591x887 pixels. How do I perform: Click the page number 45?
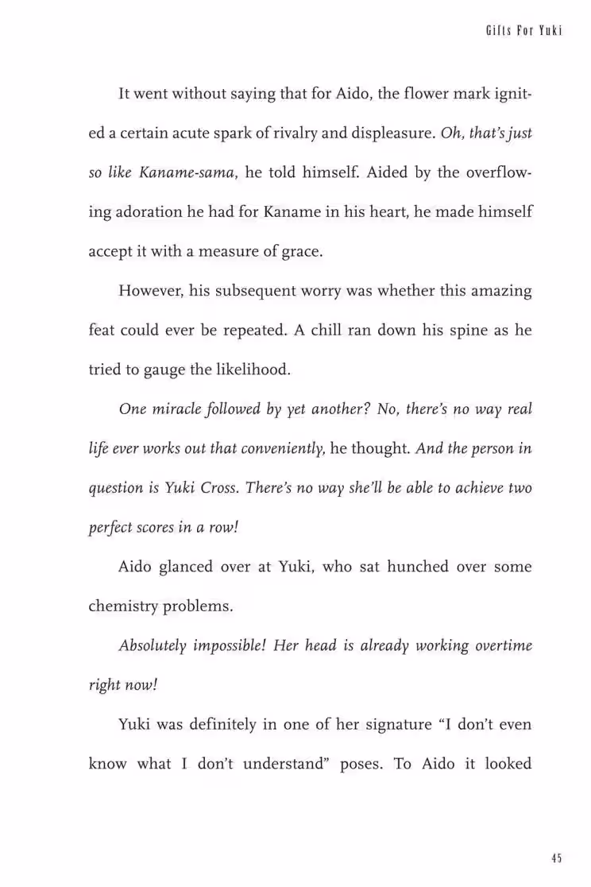(556, 858)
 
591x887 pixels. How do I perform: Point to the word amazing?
(498, 291)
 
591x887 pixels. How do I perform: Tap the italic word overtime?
(504, 645)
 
